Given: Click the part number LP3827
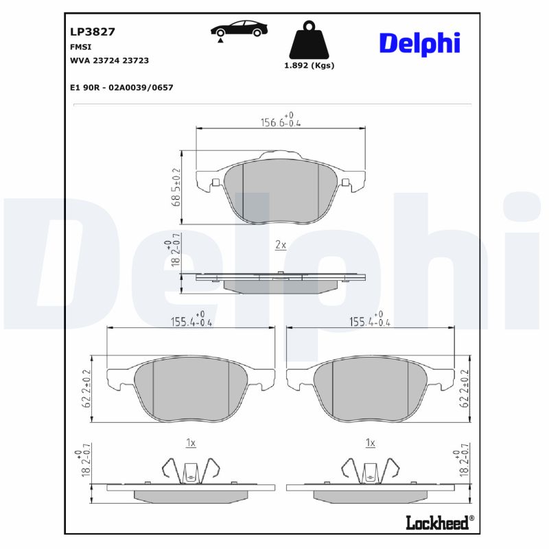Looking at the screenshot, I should click(92, 32).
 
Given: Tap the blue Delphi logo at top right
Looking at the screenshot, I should click(419, 43).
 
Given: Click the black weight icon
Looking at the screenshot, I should click(308, 42).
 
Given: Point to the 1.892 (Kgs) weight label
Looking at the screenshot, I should click(308, 66).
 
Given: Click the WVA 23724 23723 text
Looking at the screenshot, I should click(109, 60).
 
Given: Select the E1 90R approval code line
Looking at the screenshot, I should click(121, 88).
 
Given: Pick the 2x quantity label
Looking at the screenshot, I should click(280, 245).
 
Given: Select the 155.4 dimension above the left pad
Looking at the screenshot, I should click(191, 320).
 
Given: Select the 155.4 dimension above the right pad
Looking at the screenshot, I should click(370, 320).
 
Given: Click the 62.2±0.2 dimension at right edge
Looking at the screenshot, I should click(465, 389).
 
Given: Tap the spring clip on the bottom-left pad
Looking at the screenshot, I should click(191, 470).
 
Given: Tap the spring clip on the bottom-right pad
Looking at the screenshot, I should click(370, 470).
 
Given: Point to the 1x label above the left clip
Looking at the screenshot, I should click(191, 443).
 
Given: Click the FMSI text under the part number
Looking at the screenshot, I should click(80, 47).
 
